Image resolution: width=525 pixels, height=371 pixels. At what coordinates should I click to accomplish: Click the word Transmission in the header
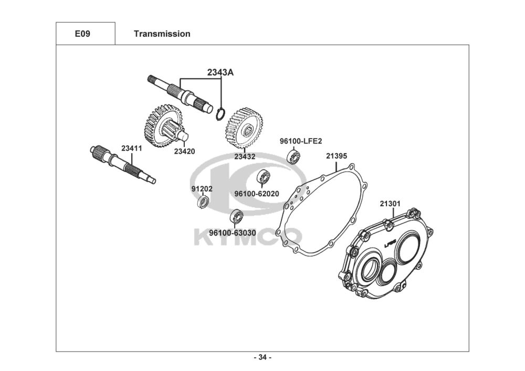162,34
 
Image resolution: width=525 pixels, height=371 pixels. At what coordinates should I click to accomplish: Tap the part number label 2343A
220,72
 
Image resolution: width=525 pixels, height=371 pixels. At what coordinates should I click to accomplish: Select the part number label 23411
131,149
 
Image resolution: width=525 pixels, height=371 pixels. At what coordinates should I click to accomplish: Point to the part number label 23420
185,152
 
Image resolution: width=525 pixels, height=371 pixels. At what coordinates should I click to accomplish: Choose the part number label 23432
245,156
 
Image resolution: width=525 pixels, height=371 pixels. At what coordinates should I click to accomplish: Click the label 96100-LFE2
300,141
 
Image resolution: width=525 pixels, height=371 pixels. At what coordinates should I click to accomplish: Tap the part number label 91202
202,189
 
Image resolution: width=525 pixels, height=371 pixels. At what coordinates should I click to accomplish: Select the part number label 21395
336,156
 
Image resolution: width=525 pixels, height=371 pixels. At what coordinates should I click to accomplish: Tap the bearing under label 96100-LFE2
293,156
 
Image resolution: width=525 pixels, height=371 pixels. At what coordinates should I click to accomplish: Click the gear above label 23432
244,126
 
